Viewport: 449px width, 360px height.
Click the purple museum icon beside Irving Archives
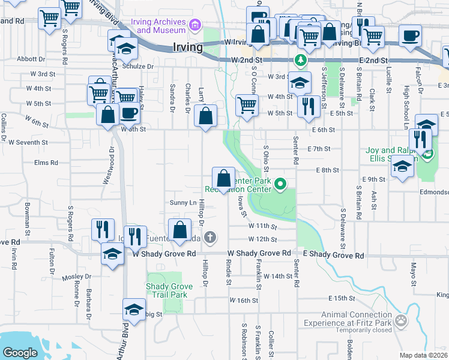[194, 25]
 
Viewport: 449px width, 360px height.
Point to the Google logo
[20, 353]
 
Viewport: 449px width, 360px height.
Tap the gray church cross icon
[209, 237]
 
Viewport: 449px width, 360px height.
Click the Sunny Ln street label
[184, 203]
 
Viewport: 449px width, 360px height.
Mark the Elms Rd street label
[46, 163]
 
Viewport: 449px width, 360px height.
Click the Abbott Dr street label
[31, 59]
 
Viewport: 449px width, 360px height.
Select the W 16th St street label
[243, 300]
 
